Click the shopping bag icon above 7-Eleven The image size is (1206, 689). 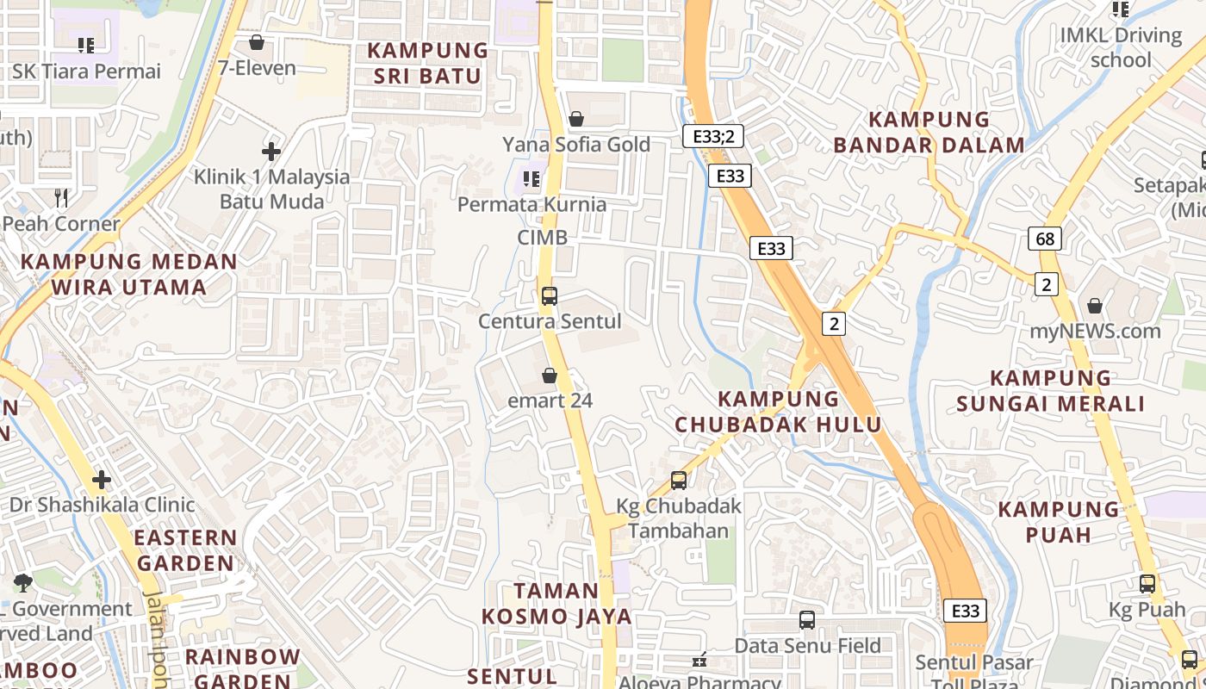pos(257,42)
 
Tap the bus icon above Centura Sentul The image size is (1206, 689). pos(550,296)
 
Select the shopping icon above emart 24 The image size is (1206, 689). pos(550,376)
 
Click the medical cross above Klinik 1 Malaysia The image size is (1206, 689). pos(271,152)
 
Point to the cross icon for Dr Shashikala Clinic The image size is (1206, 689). pos(102,479)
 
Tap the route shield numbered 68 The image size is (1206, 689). pos(1045,239)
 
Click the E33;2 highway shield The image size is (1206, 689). pos(712,136)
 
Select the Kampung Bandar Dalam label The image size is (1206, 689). pos(929,132)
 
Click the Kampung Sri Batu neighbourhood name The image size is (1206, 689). pos(428,63)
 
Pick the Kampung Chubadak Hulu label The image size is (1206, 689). pos(778,412)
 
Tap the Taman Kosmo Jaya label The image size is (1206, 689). pos(556,604)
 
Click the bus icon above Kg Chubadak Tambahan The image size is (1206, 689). pos(679,481)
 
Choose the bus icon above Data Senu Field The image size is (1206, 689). pos(807,620)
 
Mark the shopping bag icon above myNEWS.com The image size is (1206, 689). pos(1095,306)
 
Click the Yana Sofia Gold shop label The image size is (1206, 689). pos(576,144)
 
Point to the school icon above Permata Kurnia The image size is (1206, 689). pos(532,179)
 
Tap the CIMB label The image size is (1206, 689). pos(543,237)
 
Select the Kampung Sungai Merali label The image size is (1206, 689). pos(1051,391)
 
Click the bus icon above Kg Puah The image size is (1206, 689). pos(1147,584)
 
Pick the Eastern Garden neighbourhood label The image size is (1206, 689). pos(185,550)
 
